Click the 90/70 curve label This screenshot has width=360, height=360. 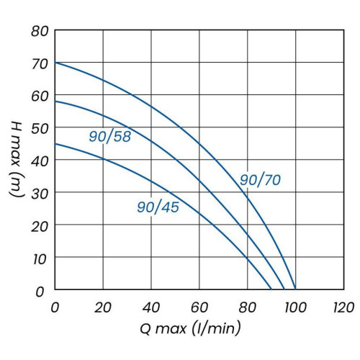coord(261,180)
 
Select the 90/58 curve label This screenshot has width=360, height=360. coord(110,136)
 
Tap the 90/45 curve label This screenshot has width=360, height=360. coord(158,207)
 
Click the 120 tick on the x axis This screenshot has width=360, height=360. coord(342,307)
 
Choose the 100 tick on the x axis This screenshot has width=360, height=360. coord(295,307)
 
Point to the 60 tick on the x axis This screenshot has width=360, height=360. coord(199,307)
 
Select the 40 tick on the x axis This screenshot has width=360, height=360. coord(151,307)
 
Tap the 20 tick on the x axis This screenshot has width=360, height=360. coord(103,307)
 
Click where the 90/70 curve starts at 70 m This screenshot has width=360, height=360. coord(55,63)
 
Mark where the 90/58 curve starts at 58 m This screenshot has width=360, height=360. coord(55,102)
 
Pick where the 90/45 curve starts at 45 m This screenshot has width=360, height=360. coord(55,144)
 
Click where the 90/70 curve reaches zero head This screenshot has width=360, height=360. coord(295,289)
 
